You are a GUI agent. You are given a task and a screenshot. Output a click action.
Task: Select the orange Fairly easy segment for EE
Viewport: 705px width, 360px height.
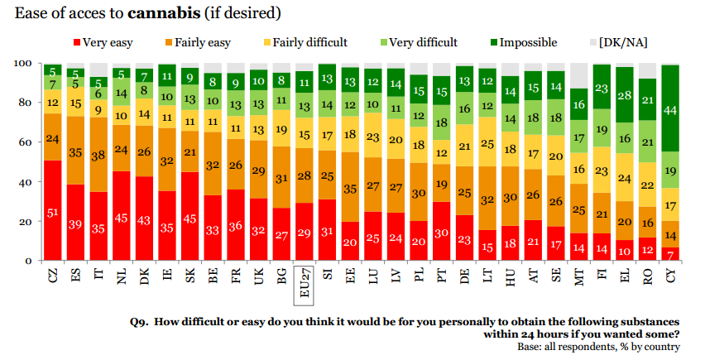(x=350, y=189)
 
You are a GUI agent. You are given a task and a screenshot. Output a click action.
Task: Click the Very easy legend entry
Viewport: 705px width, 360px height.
(x=103, y=42)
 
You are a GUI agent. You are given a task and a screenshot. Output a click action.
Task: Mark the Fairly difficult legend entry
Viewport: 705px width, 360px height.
(x=301, y=42)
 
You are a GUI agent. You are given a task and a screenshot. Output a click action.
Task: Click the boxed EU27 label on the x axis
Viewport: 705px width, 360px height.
(x=305, y=281)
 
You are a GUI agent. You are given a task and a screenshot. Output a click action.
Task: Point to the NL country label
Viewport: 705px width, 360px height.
(x=122, y=275)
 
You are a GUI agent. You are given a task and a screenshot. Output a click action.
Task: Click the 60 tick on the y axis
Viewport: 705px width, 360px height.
(x=25, y=142)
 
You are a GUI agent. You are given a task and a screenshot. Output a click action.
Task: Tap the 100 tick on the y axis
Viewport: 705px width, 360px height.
(x=22, y=64)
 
